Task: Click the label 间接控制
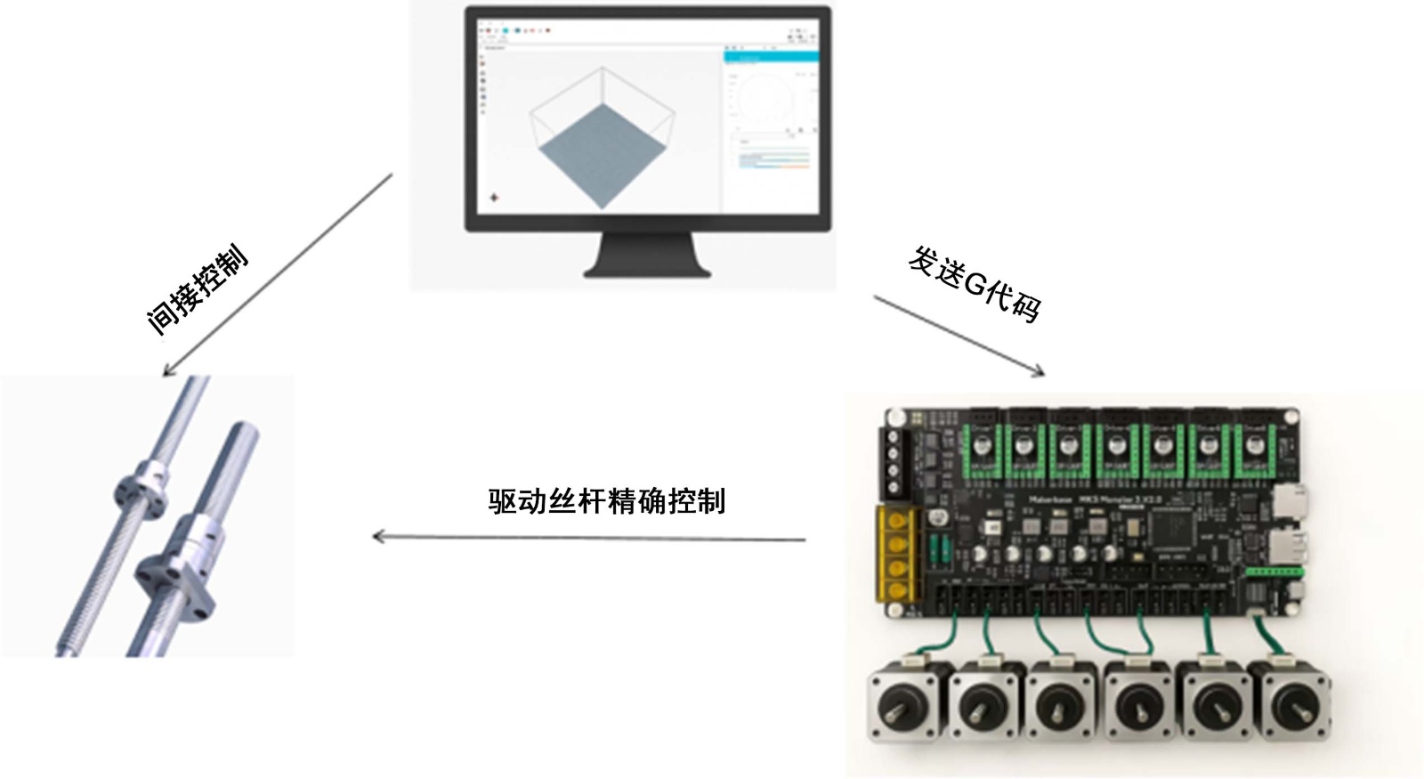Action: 198,291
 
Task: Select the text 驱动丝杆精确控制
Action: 606,501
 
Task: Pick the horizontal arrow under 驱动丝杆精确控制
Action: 588,538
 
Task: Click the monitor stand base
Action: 647,268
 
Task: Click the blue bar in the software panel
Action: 771,57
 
